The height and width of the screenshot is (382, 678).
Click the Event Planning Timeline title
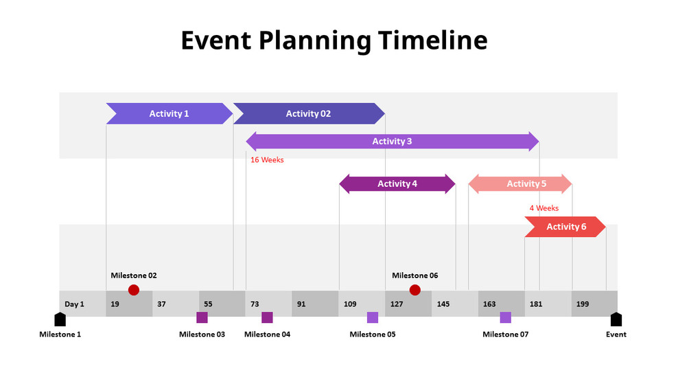coord(334,41)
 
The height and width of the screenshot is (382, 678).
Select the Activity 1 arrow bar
coord(169,113)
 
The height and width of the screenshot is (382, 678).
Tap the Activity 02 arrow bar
coord(308,113)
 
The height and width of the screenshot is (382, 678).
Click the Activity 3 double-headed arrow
coord(392,142)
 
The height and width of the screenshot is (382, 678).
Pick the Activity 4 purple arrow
coord(397,183)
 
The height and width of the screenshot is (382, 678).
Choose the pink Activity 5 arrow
coord(519,183)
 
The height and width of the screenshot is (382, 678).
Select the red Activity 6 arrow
coord(565,227)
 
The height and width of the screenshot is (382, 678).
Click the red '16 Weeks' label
coord(267,160)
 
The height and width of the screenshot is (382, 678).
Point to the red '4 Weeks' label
coord(543,208)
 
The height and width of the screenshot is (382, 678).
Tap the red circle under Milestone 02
coord(134,290)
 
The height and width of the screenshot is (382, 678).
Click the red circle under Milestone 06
coord(414,290)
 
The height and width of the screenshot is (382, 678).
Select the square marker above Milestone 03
coord(202,317)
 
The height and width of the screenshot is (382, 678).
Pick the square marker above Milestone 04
coord(267,317)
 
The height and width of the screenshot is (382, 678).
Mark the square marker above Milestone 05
coord(372,317)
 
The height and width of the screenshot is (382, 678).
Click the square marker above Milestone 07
coord(505,317)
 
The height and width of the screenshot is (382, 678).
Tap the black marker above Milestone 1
coord(60,319)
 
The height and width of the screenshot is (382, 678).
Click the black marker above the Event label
coord(616,319)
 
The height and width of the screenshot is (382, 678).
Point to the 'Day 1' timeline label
coord(74,304)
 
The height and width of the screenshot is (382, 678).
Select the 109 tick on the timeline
coord(350,304)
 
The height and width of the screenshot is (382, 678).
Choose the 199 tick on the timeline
coord(583,304)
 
